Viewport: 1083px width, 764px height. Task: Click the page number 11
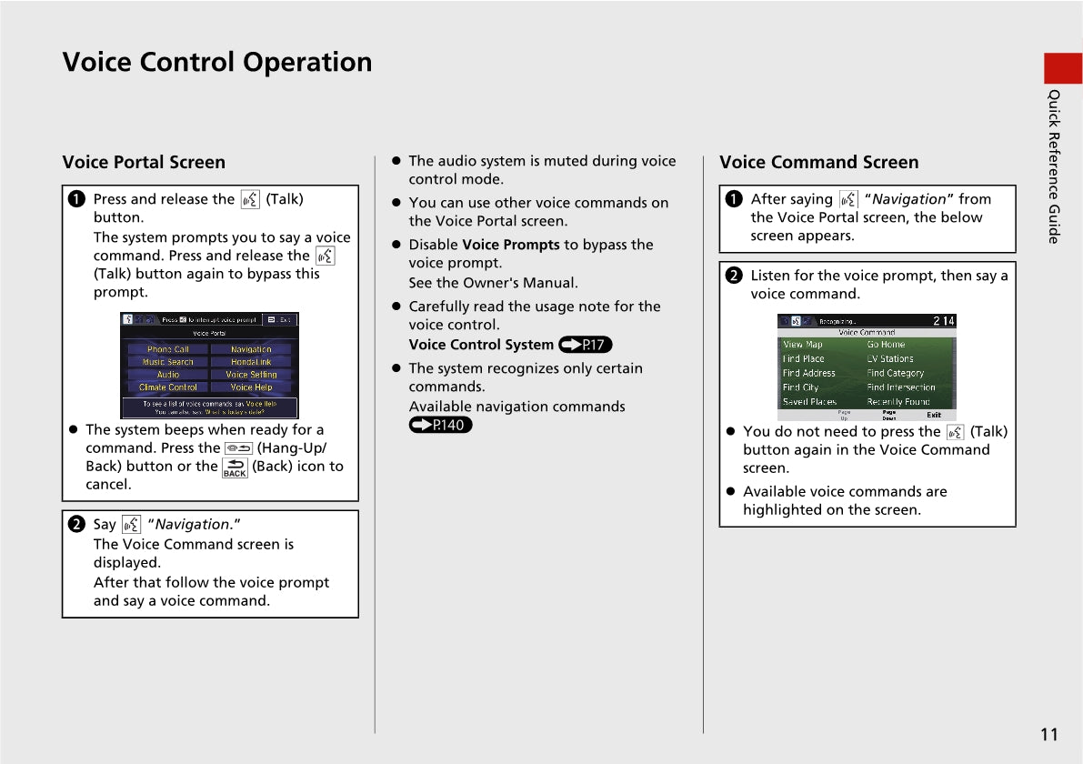(1049, 735)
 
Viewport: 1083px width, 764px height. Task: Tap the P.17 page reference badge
(586, 345)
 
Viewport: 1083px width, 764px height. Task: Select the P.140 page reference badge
(441, 425)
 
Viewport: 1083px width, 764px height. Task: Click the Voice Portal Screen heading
(144, 163)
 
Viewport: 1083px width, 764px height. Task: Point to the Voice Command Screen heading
(818, 163)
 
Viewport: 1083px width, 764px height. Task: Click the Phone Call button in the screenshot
(168, 349)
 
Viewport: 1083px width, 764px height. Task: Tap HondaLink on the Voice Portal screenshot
(251, 362)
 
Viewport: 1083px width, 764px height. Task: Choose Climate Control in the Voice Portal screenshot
(168, 387)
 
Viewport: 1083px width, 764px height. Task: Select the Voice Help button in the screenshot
(251, 387)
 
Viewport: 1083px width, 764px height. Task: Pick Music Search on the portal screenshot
(168, 362)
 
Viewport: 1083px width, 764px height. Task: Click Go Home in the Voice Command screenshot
(886, 345)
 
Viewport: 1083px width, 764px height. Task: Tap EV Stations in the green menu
(890, 359)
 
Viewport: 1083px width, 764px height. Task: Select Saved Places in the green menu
(809, 402)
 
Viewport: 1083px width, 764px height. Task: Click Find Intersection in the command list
(901, 387)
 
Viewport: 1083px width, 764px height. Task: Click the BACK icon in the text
(235, 467)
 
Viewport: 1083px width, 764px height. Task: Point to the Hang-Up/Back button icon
(238, 448)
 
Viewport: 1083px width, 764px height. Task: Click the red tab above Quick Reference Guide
(1063, 68)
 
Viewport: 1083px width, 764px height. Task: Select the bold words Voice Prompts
(511, 245)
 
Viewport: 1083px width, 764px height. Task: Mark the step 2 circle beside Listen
(735, 276)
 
